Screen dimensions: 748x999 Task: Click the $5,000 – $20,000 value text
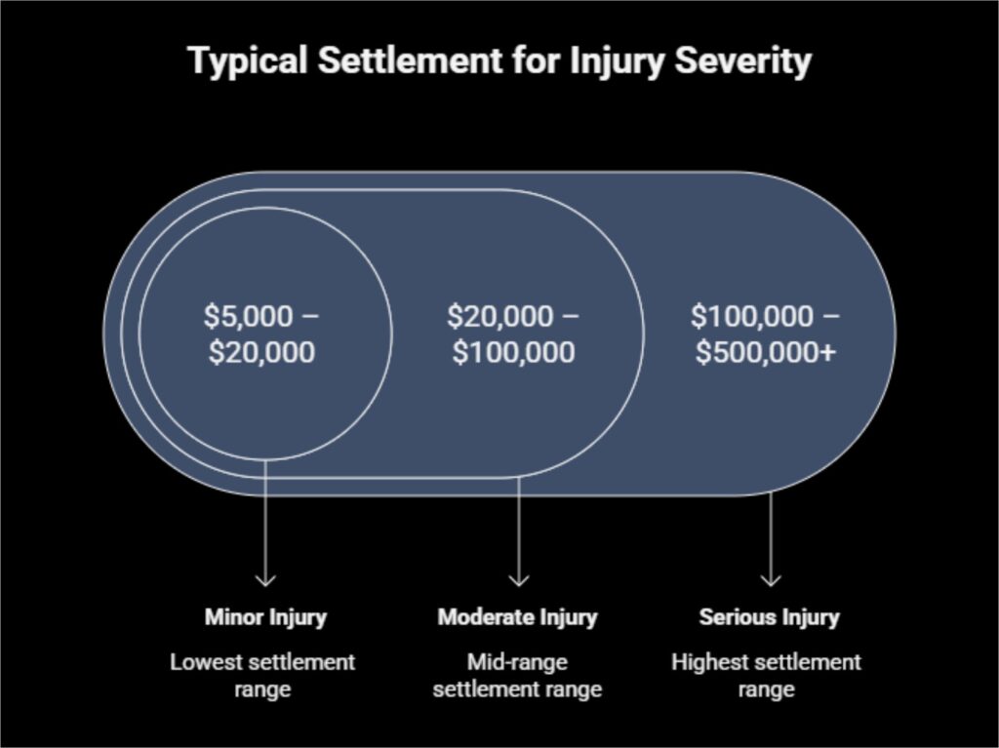pyautogui.click(x=261, y=334)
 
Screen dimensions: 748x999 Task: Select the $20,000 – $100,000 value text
pyautogui.click(x=513, y=334)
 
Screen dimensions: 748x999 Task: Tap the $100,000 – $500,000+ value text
pyautogui.click(x=766, y=334)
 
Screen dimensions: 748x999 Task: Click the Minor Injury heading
pyautogui.click(x=265, y=617)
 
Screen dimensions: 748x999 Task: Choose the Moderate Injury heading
pyautogui.click(x=517, y=617)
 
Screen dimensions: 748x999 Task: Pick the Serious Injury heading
pyautogui.click(x=769, y=617)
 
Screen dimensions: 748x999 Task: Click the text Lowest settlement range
pyautogui.click(x=262, y=676)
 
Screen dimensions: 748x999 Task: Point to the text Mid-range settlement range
pyautogui.click(x=517, y=676)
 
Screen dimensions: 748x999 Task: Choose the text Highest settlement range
pyautogui.click(x=766, y=676)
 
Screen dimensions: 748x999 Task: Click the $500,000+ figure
pyautogui.click(x=766, y=351)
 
